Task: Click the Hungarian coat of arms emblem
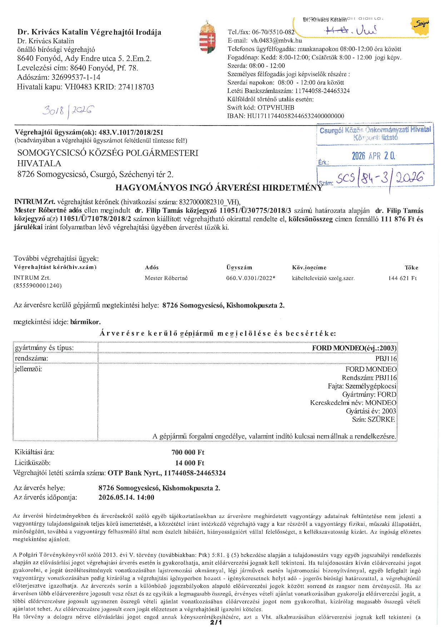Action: (x=208, y=37)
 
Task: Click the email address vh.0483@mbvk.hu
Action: (x=276, y=40)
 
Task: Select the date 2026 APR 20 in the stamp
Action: (x=373, y=156)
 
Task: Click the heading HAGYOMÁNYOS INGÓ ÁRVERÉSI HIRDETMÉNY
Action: (x=219, y=187)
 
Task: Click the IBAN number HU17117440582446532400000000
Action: (x=295, y=116)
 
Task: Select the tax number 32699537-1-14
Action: (x=76, y=77)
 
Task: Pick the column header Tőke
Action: (x=411, y=268)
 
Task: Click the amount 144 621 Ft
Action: (x=402, y=278)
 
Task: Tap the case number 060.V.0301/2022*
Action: (x=250, y=278)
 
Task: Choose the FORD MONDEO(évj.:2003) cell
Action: (x=354, y=348)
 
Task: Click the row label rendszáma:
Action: (x=31, y=358)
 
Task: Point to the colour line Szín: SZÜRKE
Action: (x=373, y=419)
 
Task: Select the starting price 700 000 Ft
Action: (x=188, y=452)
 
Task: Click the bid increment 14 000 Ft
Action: (x=189, y=463)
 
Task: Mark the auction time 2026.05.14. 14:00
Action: (x=126, y=498)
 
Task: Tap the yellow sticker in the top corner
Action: (x=420, y=26)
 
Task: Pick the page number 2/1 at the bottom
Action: (x=216, y=623)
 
